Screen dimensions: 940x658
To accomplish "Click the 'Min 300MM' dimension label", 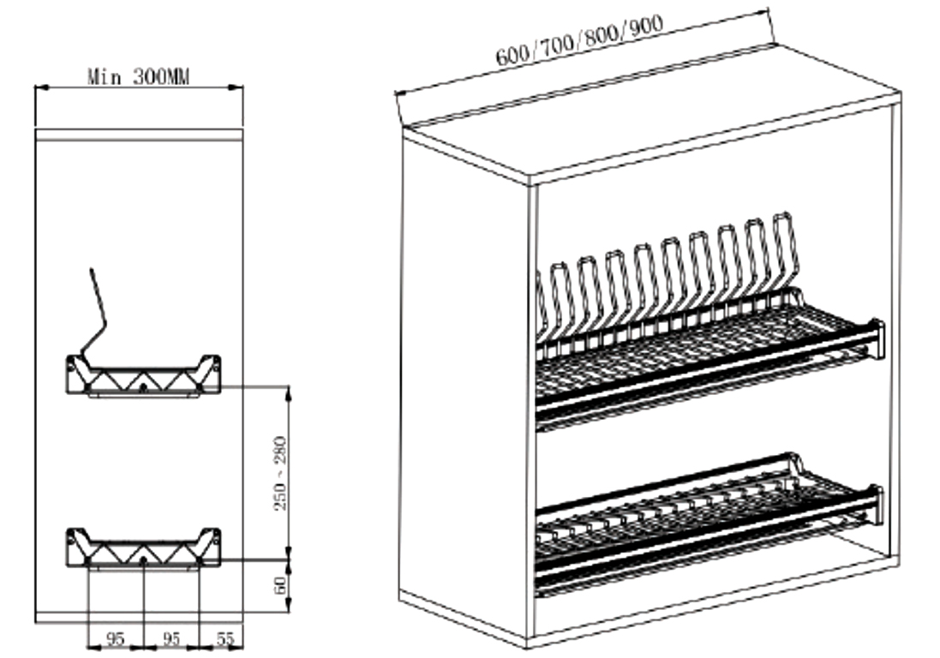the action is coord(139,77).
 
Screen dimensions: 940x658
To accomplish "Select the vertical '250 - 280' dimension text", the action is coord(280,474).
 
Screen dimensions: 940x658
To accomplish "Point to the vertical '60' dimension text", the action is coord(280,585).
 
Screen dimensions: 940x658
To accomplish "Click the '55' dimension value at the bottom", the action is coord(225,639).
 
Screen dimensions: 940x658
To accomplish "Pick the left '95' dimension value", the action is coord(114,639).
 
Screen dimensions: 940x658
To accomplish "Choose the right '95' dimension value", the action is coord(171,639).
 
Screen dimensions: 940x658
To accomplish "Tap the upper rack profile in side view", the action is coord(143,376).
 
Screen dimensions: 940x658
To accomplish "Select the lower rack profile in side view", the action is coord(143,548).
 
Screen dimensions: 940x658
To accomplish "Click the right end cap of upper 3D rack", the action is coord(877,340).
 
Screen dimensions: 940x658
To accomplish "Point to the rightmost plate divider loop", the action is coord(787,252).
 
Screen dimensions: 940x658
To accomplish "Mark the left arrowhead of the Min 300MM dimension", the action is coord(41,88).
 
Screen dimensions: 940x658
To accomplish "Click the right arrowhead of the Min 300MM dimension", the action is coord(236,88).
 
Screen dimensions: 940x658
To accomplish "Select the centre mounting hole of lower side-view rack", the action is coord(143,560).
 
